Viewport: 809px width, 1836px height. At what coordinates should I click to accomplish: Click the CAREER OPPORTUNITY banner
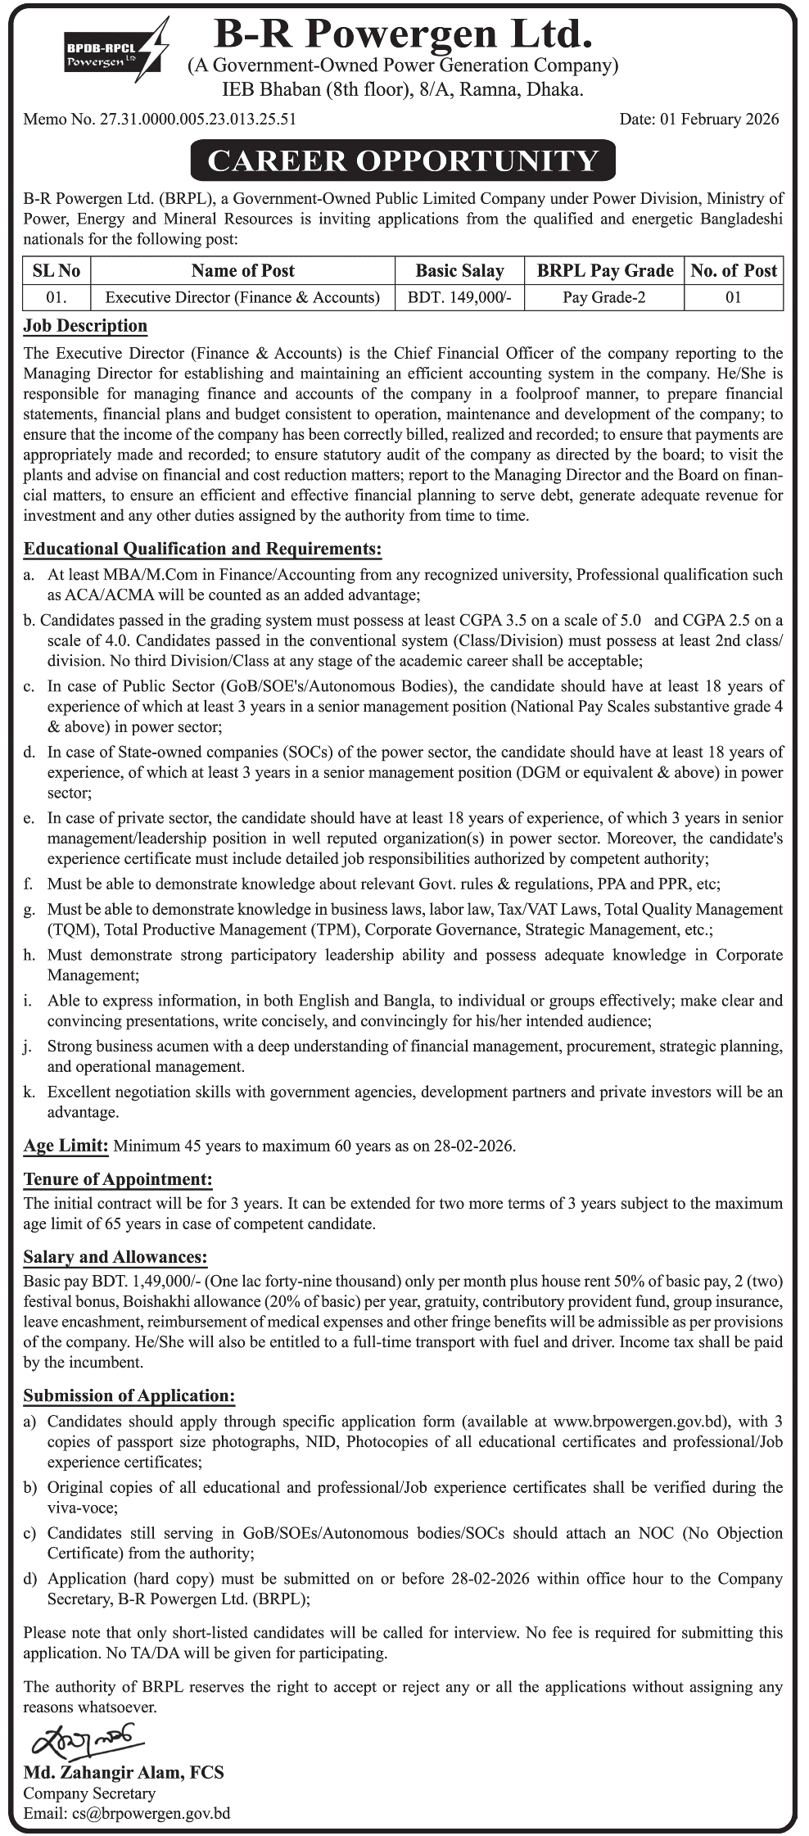(403, 161)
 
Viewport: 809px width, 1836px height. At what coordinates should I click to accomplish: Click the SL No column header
(56, 271)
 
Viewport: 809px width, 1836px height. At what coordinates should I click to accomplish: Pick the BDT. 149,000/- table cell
(459, 297)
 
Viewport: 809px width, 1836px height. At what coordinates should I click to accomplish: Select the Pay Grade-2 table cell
(603, 297)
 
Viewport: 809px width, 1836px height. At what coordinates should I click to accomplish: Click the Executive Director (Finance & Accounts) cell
(242, 297)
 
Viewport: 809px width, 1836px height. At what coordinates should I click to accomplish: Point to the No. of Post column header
(733, 271)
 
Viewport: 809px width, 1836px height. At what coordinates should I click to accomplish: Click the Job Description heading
(85, 326)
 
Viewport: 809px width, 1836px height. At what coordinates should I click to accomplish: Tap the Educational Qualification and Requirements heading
(202, 549)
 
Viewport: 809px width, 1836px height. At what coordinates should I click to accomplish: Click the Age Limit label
(66, 1146)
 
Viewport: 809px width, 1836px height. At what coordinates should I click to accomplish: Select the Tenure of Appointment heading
(118, 1179)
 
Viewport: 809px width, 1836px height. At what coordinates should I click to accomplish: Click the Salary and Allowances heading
(115, 1257)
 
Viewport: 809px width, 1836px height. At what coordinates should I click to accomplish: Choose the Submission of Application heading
(129, 1396)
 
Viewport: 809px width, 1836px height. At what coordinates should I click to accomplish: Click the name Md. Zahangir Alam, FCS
(124, 1773)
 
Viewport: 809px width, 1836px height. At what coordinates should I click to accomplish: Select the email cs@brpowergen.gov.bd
(151, 1813)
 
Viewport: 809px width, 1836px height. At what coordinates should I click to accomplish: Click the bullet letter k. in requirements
(29, 1092)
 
